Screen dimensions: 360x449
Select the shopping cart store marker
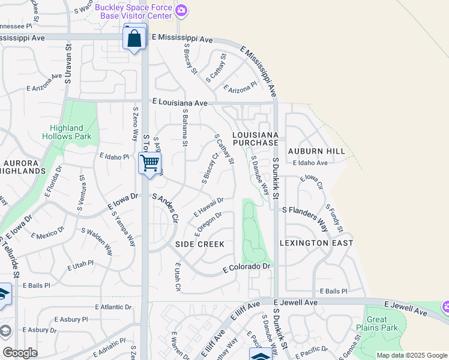coord(149,162)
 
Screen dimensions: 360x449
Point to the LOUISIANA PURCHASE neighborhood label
coord(256,139)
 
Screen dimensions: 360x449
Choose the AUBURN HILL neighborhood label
coord(316,151)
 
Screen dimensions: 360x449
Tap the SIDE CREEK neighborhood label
coord(200,244)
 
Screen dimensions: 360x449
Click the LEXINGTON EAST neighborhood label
coord(316,243)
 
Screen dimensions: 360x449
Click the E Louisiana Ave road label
coord(179,103)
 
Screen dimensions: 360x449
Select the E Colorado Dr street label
coord(248,266)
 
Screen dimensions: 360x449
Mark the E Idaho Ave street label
coord(310,163)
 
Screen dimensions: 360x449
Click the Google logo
coord(20,352)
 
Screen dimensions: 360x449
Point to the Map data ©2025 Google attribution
coord(411,355)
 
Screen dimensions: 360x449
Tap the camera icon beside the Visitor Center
coord(181,10)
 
